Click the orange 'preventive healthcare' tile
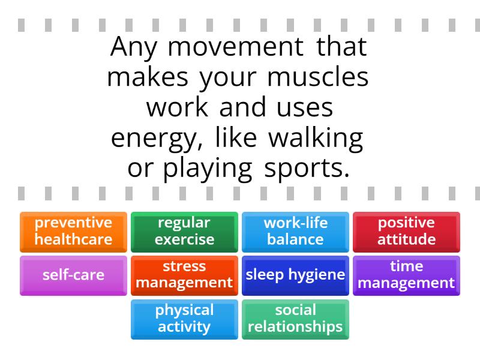73,232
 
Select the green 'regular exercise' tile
184,232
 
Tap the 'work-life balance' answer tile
295,232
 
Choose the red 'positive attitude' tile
406,232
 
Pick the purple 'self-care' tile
73,275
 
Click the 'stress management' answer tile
184,275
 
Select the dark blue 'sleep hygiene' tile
295,275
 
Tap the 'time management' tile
406,275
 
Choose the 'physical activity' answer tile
184,319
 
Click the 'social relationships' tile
295,319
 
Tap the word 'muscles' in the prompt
326,79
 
